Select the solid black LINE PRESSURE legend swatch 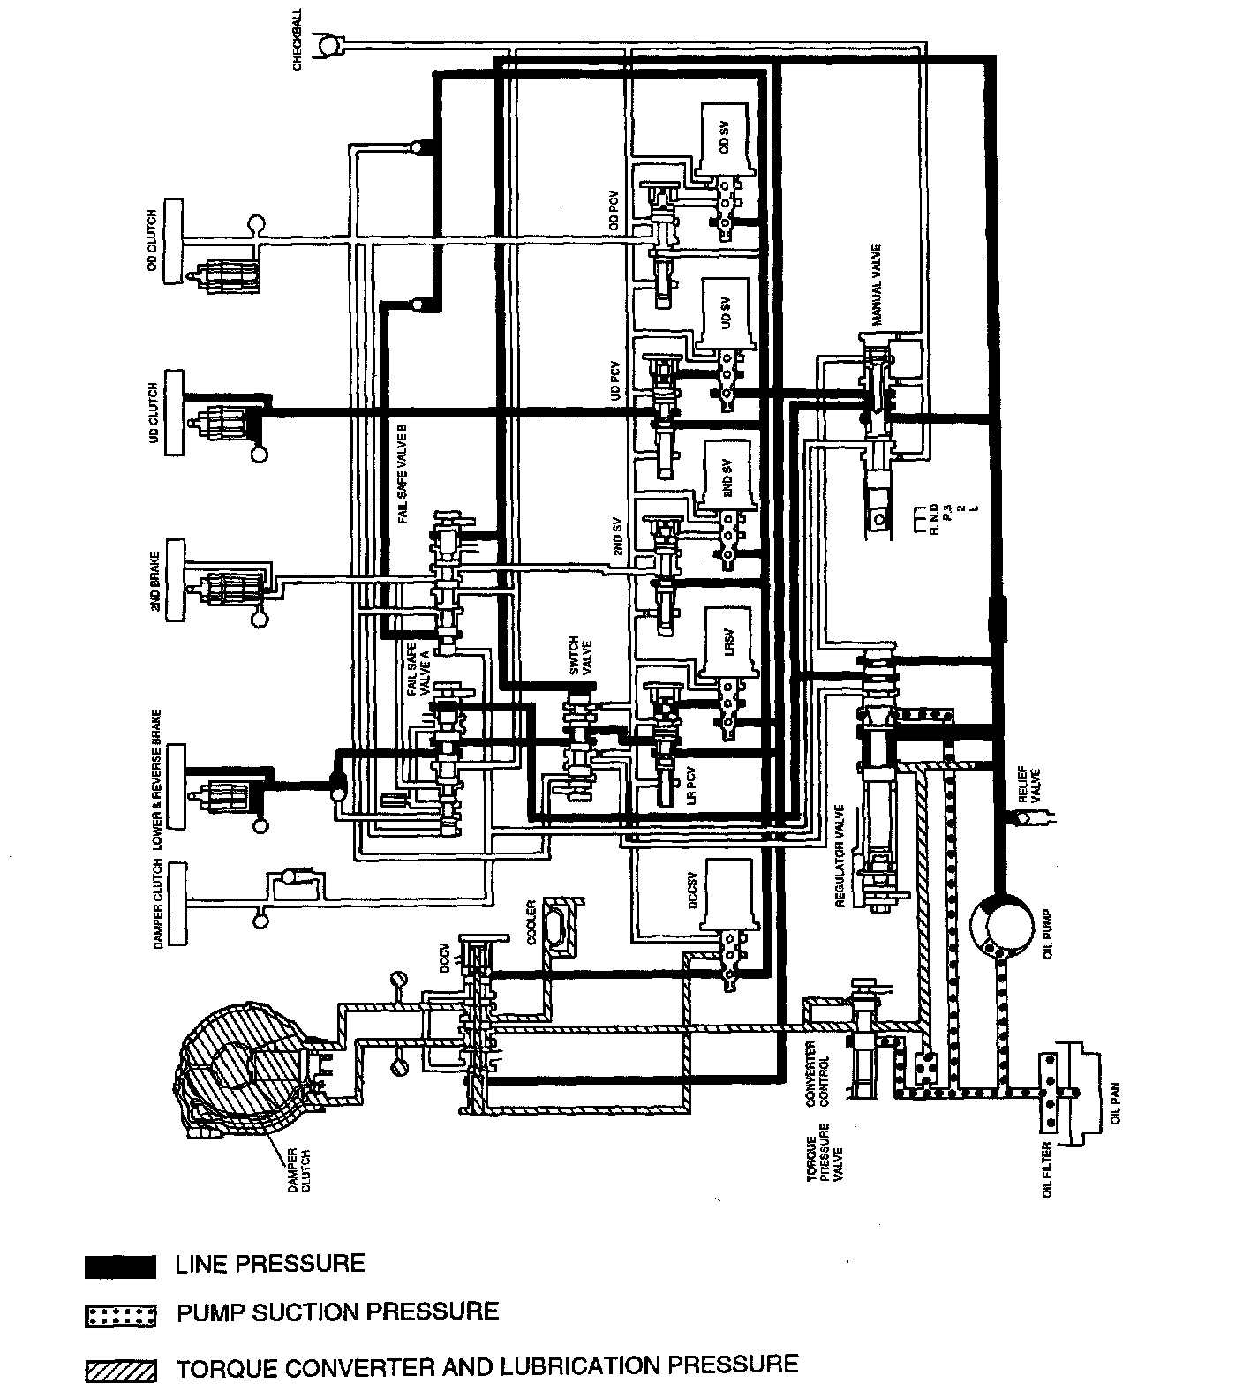coord(121,1267)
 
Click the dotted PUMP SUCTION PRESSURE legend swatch coord(121,1315)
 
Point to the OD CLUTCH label coord(153,241)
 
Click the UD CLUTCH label coord(153,414)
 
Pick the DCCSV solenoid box coord(729,895)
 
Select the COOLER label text coord(531,922)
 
